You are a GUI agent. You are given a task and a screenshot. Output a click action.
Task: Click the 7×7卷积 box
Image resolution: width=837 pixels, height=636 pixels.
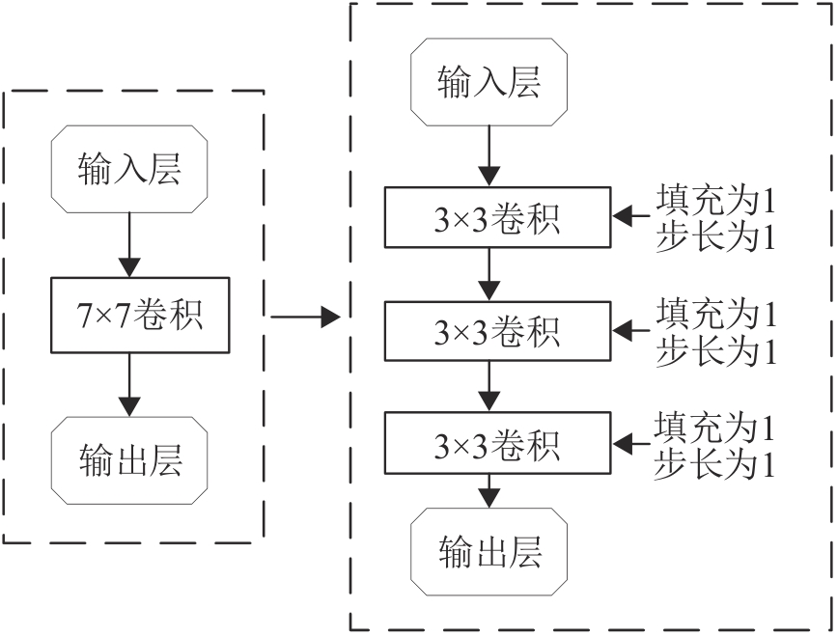coord(140,315)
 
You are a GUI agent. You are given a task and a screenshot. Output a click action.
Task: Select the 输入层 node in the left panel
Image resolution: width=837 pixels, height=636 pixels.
coord(129,169)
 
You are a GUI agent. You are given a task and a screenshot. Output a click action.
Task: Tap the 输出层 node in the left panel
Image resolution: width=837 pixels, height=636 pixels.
coord(129,460)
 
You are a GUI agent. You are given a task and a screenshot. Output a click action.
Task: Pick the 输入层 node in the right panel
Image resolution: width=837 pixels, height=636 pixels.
coord(488,82)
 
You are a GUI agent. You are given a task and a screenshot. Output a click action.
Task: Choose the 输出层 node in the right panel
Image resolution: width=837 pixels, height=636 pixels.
coord(488,552)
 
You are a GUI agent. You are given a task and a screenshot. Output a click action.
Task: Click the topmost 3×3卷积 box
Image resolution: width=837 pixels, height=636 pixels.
coord(497,217)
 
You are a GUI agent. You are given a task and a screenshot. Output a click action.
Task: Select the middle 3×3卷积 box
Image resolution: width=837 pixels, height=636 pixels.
coord(497,331)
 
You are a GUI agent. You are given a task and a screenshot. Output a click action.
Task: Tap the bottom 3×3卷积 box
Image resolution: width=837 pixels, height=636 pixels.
coord(497,443)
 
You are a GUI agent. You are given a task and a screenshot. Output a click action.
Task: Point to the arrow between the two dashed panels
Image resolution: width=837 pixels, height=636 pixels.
coord(305,317)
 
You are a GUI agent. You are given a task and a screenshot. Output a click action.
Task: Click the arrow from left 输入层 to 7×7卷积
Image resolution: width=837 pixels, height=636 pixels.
coord(129,245)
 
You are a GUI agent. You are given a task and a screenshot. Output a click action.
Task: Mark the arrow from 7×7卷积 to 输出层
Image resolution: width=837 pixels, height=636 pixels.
coord(129,385)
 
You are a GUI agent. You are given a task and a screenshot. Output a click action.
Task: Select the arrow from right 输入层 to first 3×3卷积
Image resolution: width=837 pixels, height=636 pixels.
coord(488,156)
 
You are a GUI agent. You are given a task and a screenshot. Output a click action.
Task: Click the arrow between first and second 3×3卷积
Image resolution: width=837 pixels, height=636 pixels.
coord(488,274)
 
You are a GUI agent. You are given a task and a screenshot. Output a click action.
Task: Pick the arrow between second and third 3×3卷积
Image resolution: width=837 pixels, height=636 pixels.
coord(488,386)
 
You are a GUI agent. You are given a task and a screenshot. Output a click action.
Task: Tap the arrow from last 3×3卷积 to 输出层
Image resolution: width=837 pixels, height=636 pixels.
coord(488,491)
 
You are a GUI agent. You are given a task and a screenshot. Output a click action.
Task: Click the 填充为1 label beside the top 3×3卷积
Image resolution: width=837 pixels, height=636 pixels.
coord(715,200)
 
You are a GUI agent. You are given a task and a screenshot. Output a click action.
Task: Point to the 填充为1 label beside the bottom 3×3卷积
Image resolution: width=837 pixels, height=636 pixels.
coord(714,427)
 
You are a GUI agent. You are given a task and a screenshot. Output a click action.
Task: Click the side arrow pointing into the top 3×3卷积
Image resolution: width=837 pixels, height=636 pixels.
coord(631,216)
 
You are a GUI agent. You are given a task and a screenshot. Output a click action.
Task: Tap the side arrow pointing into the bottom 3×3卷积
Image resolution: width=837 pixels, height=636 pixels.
coord(631,443)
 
